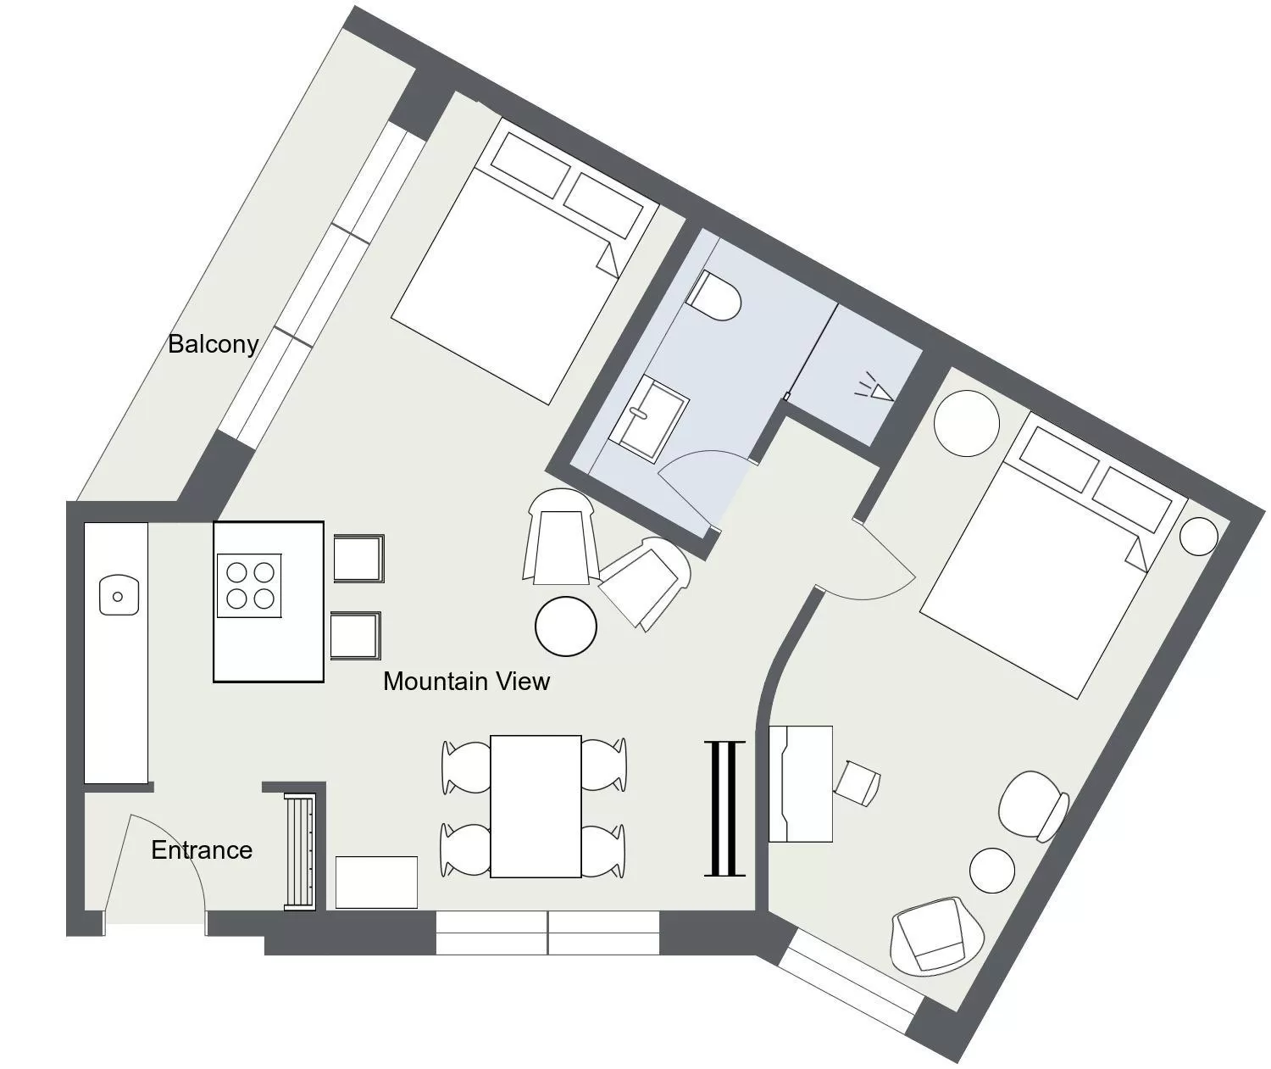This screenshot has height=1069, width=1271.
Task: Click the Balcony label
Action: point(213,344)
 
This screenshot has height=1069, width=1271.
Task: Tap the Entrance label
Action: point(202,850)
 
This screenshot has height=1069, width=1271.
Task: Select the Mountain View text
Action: point(466,681)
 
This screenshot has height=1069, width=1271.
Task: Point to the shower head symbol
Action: point(875,387)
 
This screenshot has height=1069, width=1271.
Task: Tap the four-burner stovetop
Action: point(249,585)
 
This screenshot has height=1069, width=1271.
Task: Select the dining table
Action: point(536,806)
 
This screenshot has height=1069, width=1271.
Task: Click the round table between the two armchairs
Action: point(566,626)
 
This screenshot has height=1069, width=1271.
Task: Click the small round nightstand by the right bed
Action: point(1199,536)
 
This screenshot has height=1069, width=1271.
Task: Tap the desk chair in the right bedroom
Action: point(858,782)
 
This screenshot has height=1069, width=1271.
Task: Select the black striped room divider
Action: point(724,808)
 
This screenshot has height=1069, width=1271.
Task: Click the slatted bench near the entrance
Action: point(299,852)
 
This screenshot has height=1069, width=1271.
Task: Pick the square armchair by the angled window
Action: point(936,935)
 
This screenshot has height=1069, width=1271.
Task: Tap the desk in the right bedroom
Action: point(801,783)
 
